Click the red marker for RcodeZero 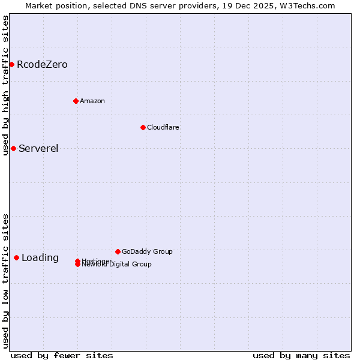click(11, 64)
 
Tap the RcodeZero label click(42, 65)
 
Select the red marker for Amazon click(76, 101)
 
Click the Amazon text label click(92, 101)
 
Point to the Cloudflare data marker click(143, 127)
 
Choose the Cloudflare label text click(163, 127)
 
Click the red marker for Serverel click(13, 148)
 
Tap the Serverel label click(38, 149)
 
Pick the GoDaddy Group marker click(118, 251)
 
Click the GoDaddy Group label click(147, 251)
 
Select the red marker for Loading click(16, 257)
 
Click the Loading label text click(40, 258)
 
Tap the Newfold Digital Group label click(120, 265)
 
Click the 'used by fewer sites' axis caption click(62, 355)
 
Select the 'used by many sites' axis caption click(301, 355)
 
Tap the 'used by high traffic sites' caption click(6, 85)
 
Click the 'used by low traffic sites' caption click(6, 281)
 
